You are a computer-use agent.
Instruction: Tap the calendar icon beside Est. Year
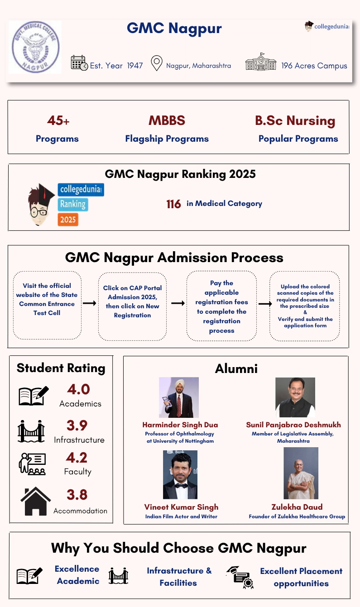79,63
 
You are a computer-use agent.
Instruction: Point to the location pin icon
157,63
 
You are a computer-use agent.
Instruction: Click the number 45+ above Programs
58,121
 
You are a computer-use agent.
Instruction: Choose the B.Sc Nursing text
295,121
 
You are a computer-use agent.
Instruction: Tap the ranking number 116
173,204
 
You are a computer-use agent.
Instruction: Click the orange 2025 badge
68,220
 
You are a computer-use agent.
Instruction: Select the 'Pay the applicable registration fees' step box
221,306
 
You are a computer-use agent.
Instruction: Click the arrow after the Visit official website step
90,303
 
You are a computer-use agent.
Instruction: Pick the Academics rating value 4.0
78,389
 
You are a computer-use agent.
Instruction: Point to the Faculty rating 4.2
77,458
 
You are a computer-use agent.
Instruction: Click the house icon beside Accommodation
35,501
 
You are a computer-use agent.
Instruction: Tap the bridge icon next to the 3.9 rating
31,431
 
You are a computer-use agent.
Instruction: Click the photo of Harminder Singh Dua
178,397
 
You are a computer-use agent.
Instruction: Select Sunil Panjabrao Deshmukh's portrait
295,397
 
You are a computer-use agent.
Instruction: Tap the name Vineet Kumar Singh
181,507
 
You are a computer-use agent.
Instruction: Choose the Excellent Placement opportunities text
301,577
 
